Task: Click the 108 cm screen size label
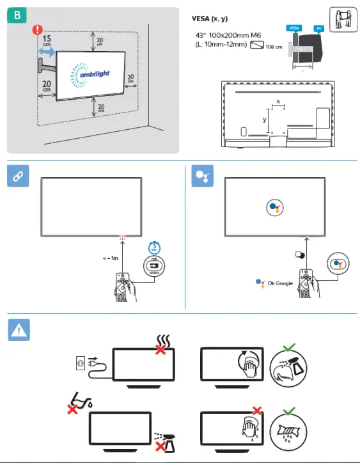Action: [x=273, y=46]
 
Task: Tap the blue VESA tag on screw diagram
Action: [x=294, y=28]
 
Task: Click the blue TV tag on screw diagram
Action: [x=319, y=28]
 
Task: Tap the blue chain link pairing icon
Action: [x=18, y=178]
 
